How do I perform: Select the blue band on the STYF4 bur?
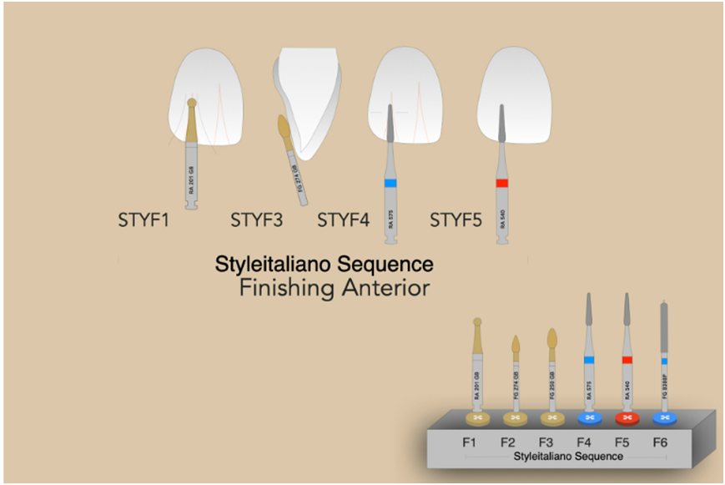click(390, 182)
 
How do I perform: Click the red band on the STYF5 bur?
click(502, 182)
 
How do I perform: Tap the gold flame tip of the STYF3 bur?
click(284, 127)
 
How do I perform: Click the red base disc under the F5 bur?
click(627, 417)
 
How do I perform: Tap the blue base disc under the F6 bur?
click(666, 417)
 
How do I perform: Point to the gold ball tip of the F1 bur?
click(477, 322)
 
